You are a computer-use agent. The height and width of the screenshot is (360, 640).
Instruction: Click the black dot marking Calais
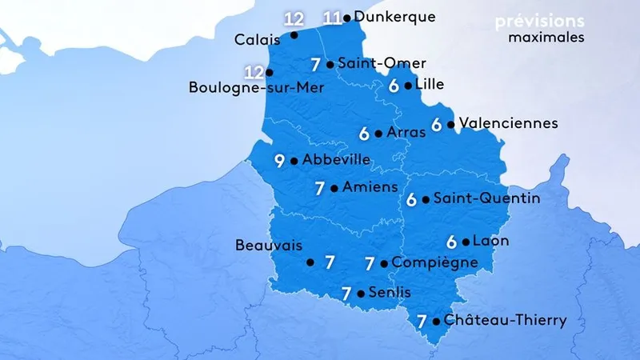click(x=295, y=35)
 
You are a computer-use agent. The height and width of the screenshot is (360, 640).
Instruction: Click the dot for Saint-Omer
click(x=330, y=64)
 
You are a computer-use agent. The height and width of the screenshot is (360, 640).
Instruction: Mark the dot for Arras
click(x=378, y=134)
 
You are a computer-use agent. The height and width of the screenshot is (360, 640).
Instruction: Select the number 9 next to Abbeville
click(x=279, y=161)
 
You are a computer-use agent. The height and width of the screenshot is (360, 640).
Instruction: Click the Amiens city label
click(x=369, y=187)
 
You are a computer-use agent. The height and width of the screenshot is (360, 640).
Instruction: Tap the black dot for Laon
click(x=466, y=242)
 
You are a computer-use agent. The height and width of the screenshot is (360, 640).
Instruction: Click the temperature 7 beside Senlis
click(x=346, y=294)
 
